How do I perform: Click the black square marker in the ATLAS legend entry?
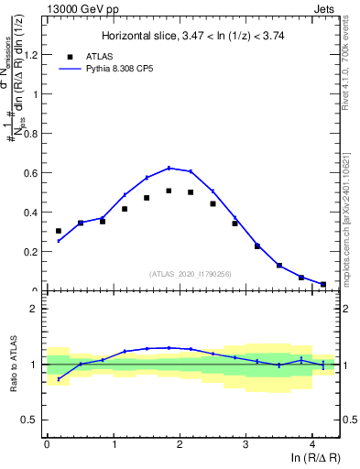coord(70,56)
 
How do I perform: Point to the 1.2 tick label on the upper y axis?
coord(32,54)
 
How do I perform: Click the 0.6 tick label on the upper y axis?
coord(32,172)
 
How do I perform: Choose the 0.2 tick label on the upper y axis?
coord(32,251)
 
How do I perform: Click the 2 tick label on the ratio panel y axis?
coord(36,309)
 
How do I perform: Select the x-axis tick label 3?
coord(245,446)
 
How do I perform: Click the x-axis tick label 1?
coord(113,446)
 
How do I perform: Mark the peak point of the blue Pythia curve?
coord(169,168)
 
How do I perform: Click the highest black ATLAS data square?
coord(169,191)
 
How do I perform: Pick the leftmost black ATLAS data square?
coord(59,231)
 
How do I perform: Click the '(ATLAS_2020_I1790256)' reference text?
coord(191,273)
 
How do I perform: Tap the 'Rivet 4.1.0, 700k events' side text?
coord(353,64)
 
